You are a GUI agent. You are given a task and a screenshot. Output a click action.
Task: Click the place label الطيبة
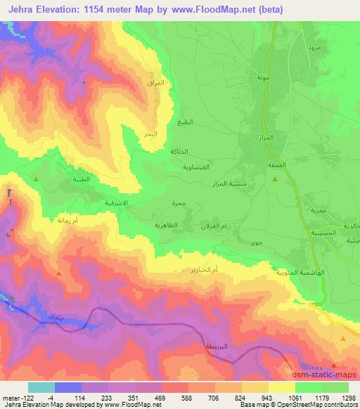[81, 180]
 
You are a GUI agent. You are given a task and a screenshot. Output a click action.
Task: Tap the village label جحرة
[179, 204]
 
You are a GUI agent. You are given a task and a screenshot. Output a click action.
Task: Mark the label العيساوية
[192, 169]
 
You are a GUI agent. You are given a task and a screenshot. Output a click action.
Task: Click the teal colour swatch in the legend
[41, 387]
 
